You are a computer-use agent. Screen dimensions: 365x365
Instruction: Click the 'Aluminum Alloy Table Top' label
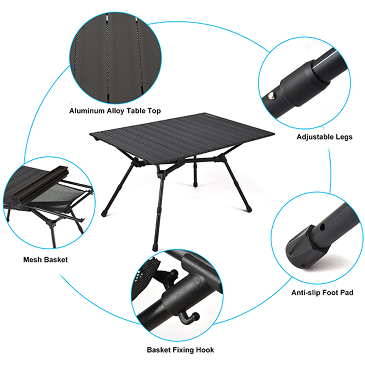[x=115, y=111]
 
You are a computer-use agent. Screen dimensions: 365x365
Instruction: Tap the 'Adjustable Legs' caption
[x=324, y=137]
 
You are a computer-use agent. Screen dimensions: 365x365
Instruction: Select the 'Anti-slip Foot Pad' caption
[x=322, y=292]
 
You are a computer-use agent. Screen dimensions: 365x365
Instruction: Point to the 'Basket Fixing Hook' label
[x=180, y=350]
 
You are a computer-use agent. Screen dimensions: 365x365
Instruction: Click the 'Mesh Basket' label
[x=45, y=260]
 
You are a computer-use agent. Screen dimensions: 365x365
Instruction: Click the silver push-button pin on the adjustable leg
[x=272, y=95]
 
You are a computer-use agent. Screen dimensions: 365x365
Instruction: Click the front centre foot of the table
[x=155, y=247]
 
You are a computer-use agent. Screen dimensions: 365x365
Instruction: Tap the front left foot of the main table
[x=104, y=214]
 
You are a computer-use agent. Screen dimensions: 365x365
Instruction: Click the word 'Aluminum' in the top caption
[x=87, y=111]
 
